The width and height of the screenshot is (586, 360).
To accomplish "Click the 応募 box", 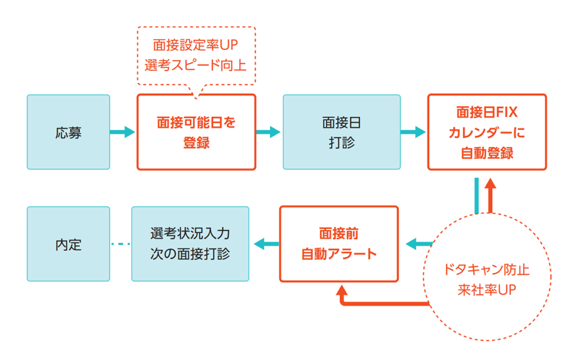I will click(x=68, y=132).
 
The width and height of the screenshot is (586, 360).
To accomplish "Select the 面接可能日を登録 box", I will click(x=196, y=132).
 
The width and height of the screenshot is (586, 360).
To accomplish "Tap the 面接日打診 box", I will click(x=342, y=132).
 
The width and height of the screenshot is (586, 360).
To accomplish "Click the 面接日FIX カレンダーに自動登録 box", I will click(x=487, y=132).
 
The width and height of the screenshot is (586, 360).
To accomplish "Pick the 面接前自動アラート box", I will click(x=338, y=244).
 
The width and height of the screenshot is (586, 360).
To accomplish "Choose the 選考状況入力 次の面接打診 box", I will click(x=190, y=244).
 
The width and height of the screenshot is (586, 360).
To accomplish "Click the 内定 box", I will click(x=68, y=244).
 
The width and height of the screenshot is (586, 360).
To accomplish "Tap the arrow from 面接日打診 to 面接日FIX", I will click(x=413, y=132).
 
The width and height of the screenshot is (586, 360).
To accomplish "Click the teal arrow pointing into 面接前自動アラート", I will click(x=418, y=244).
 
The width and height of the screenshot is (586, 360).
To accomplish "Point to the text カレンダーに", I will click(x=487, y=132).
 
